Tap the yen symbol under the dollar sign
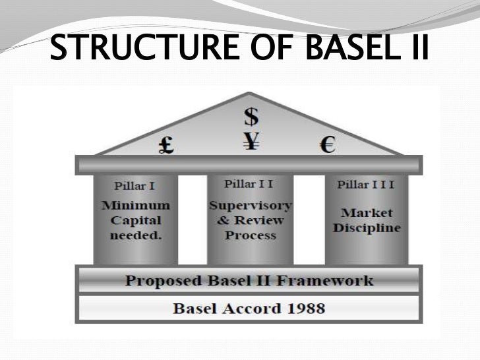coord(251,140)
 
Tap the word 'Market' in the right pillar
coord(367,212)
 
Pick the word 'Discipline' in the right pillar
coord(367,229)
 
